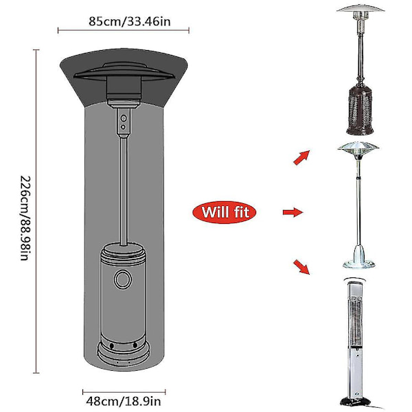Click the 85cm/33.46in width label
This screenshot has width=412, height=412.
[130, 21]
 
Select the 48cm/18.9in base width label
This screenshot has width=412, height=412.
[124, 402]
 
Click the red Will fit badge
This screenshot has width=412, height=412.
[225, 212]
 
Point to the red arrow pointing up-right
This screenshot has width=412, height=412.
[301, 158]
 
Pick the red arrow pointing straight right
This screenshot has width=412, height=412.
[293, 212]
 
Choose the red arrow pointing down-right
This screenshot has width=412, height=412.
[301, 267]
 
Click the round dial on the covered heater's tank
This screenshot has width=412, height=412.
[123, 279]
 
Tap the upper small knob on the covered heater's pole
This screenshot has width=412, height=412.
[124, 118]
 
